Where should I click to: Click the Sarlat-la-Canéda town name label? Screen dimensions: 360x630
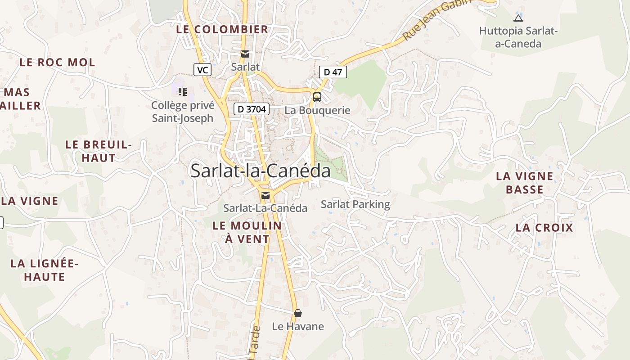261,171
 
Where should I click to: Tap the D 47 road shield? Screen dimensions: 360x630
333,72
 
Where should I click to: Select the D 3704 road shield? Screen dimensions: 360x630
252,109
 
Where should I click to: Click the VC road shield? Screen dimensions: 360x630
202,70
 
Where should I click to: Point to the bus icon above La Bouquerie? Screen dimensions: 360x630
317,97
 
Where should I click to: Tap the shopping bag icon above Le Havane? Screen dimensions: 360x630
297,313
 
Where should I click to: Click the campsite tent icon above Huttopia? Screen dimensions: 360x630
518,18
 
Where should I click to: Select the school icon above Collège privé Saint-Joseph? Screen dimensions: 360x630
182,92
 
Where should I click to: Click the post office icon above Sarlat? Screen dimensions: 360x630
245,54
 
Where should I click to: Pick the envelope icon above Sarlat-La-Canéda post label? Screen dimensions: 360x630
265,195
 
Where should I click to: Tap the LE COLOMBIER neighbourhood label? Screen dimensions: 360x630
222,30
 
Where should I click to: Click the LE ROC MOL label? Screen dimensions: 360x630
57,63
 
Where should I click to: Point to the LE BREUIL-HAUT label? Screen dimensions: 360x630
99,151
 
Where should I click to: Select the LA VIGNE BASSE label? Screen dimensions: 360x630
525,183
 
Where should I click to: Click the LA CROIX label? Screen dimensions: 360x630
544,228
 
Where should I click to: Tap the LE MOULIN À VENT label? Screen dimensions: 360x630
247,232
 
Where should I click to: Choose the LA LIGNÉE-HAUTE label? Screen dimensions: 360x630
45,270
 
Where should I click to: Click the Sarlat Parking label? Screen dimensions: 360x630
355,204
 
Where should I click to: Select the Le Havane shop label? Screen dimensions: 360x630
298,326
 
